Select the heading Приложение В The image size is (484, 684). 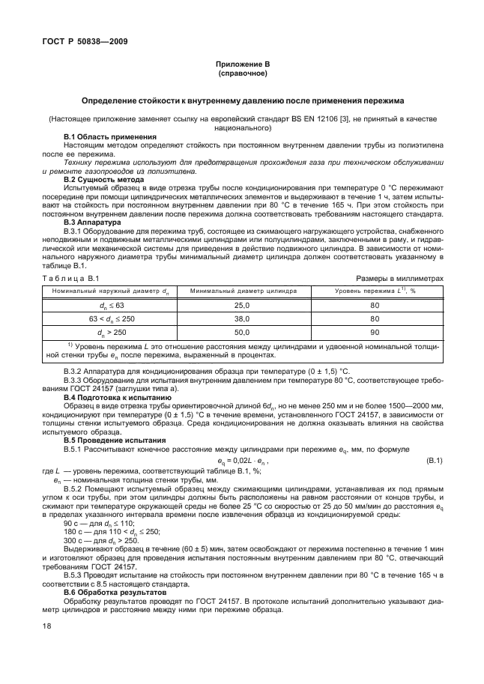(242, 66)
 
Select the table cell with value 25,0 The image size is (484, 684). (242, 306)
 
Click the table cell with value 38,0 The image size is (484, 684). (242, 318)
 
